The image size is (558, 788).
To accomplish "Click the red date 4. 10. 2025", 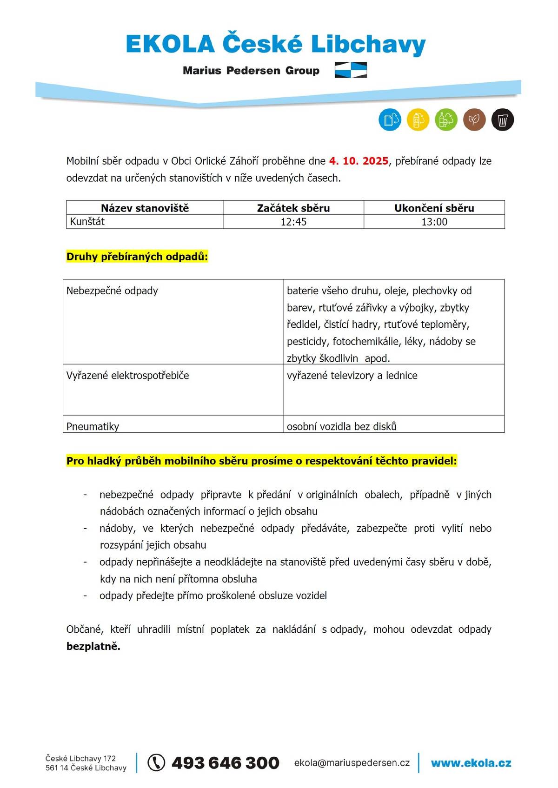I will (x=359, y=161).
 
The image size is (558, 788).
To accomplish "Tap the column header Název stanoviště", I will (x=145, y=208).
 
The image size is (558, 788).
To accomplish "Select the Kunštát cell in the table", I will (x=87, y=222).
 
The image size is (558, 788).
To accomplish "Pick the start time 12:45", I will (x=293, y=222).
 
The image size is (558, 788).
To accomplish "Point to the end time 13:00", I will (x=434, y=222).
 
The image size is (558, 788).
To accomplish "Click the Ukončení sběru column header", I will (x=434, y=208).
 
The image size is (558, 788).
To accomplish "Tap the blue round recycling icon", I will (x=390, y=120).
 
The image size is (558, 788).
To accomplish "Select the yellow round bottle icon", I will (x=418, y=120).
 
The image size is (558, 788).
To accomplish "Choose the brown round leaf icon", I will (x=474, y=120).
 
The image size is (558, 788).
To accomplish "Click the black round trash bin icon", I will (x=502, y=120).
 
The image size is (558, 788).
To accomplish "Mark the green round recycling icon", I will (x=446, y=120).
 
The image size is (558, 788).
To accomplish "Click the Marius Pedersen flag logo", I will (x=351, y=70).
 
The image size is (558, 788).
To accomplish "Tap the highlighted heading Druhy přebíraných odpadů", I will (x=137, y=257).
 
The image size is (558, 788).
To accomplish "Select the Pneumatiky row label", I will (x=93, y=426).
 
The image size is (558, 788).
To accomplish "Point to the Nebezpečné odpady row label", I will (x=112, y=291).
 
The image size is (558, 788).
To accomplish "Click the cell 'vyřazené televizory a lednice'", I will (x=352, y=376).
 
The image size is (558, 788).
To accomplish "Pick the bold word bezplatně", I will (x=93, y=646).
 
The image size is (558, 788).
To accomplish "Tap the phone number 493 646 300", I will (x=226, y=763).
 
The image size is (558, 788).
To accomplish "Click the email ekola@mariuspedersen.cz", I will (x=352, y=763).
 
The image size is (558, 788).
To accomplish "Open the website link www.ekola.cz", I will (x=471, y=763).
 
